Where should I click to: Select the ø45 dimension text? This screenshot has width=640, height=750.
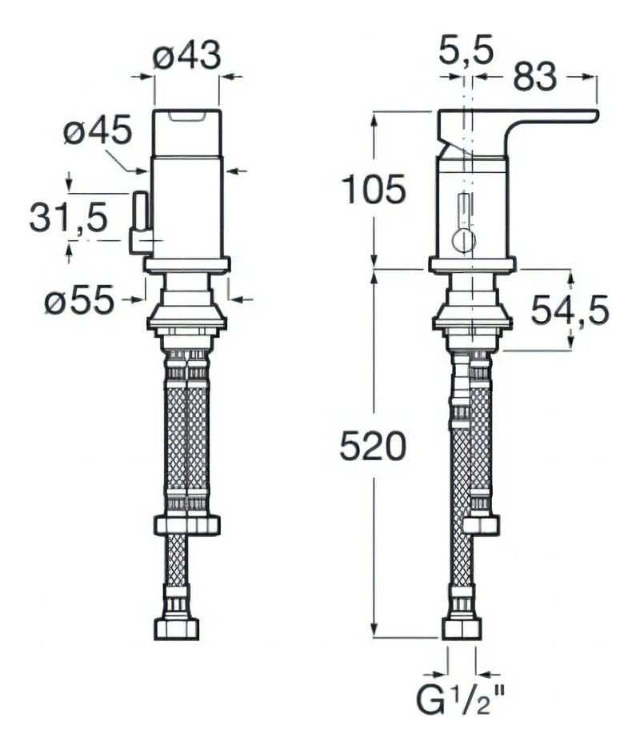click(98, 130)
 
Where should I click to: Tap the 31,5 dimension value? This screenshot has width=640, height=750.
click(69, 218)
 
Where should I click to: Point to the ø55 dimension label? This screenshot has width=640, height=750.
click(79, 302)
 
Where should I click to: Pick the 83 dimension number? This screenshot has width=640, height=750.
click(534, 77)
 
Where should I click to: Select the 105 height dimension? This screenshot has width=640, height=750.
click(374, 191)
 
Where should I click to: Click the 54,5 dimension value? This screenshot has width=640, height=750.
click(570, 310)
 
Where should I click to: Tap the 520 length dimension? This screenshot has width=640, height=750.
click(373, 446)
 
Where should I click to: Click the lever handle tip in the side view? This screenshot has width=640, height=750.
click(588, 117)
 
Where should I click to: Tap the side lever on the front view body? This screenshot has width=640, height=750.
click(141, 224)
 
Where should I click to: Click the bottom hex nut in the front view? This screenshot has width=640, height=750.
click(177, 628)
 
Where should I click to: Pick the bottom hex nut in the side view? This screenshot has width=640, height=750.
click(462, 628)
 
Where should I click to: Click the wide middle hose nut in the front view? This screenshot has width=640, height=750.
click(186, 525)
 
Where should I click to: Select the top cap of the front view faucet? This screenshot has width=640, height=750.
click(186, 130)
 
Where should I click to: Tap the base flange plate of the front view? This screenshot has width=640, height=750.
click(187, 265)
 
